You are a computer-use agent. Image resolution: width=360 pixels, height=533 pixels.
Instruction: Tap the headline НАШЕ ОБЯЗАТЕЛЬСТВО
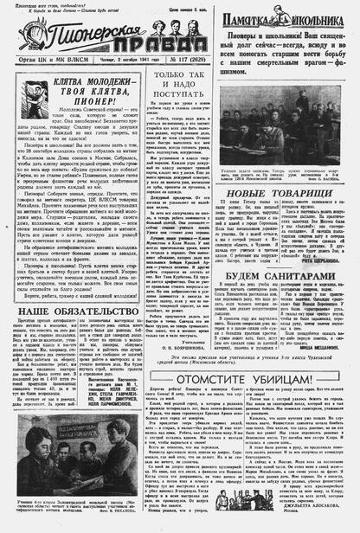[71, 310]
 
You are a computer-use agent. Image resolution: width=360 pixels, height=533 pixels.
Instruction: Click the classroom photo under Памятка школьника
[283, 142]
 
